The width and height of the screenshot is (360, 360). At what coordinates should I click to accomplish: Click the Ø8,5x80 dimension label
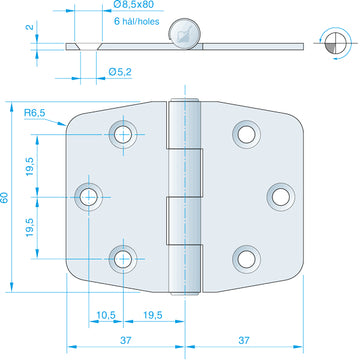[133, 5]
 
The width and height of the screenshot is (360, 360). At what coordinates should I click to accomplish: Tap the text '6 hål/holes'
[137, 22]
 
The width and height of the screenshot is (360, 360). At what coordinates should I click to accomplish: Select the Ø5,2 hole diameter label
[120, 72]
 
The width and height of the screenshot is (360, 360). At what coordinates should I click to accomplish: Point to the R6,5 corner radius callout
[35, 113]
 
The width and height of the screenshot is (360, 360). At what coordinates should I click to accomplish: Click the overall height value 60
[5, 197]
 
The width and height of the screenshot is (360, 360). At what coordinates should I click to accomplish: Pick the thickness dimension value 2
[30, 26]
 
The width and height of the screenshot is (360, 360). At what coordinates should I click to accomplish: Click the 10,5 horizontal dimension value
[106, 315]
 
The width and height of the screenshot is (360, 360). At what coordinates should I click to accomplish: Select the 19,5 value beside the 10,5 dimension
[153, 315]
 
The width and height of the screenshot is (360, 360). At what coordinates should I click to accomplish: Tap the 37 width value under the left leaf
[126, 340]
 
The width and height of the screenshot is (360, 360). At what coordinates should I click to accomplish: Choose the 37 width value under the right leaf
[244, 340]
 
